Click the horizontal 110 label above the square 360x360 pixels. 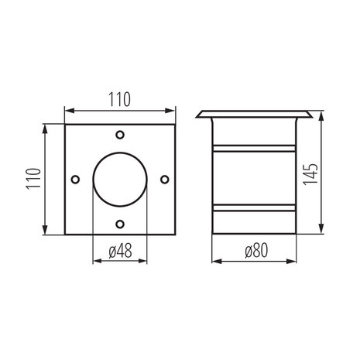(x=119, y=99)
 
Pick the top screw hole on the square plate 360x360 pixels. (x=119, y=133)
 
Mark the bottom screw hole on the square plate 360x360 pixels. (x=119, y=224)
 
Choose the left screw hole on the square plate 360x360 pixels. (x=74, y=179)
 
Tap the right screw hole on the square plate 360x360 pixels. (x=165, y=179)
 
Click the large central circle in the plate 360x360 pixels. (x=119, y=179)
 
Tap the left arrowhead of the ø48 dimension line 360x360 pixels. (x=95, y=261)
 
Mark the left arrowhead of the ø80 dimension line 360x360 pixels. (x=213, y=261)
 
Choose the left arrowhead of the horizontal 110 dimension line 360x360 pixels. (x=67, y=110)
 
